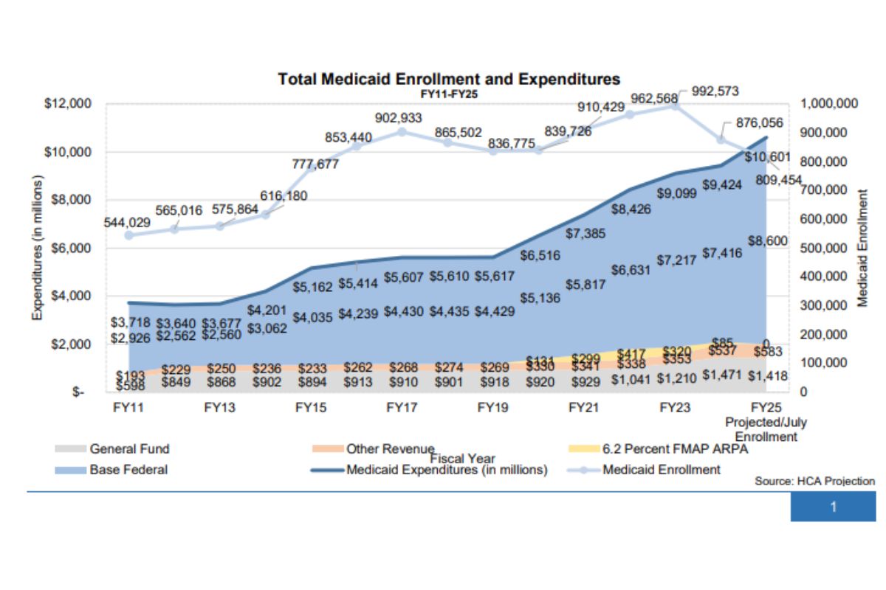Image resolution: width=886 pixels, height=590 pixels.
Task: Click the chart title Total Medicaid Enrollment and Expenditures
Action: click(448, 79)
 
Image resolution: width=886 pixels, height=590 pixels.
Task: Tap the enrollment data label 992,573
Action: click(715, 91)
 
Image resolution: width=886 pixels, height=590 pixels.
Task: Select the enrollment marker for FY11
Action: click(128, 235)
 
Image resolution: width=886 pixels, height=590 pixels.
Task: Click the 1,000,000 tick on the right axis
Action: click(829, 104)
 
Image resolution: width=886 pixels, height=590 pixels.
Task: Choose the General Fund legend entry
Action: click(129, 448)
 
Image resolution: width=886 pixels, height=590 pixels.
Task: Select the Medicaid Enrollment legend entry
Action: click(661, 470)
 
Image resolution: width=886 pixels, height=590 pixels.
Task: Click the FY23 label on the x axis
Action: click(675, 407)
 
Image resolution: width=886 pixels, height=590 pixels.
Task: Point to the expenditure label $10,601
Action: click(767, 157)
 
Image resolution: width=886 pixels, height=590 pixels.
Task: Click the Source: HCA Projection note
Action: click(814, 481)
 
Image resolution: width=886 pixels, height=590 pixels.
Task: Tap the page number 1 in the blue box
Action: click(833, 507)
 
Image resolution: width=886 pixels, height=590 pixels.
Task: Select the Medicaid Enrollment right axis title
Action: click(862, 247)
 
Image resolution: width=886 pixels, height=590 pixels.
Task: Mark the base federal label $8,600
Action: click(768, 241)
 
